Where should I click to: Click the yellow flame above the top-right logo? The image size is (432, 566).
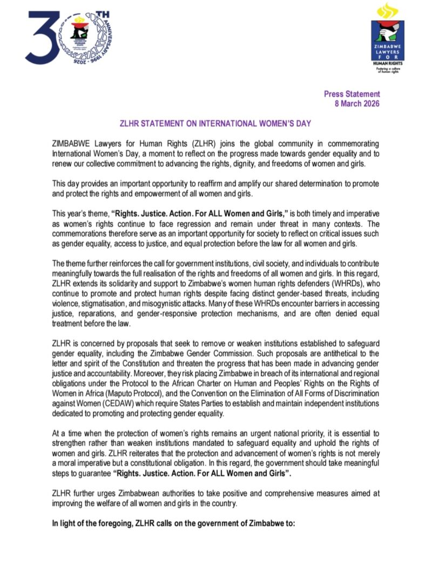(x=387, y=11)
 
